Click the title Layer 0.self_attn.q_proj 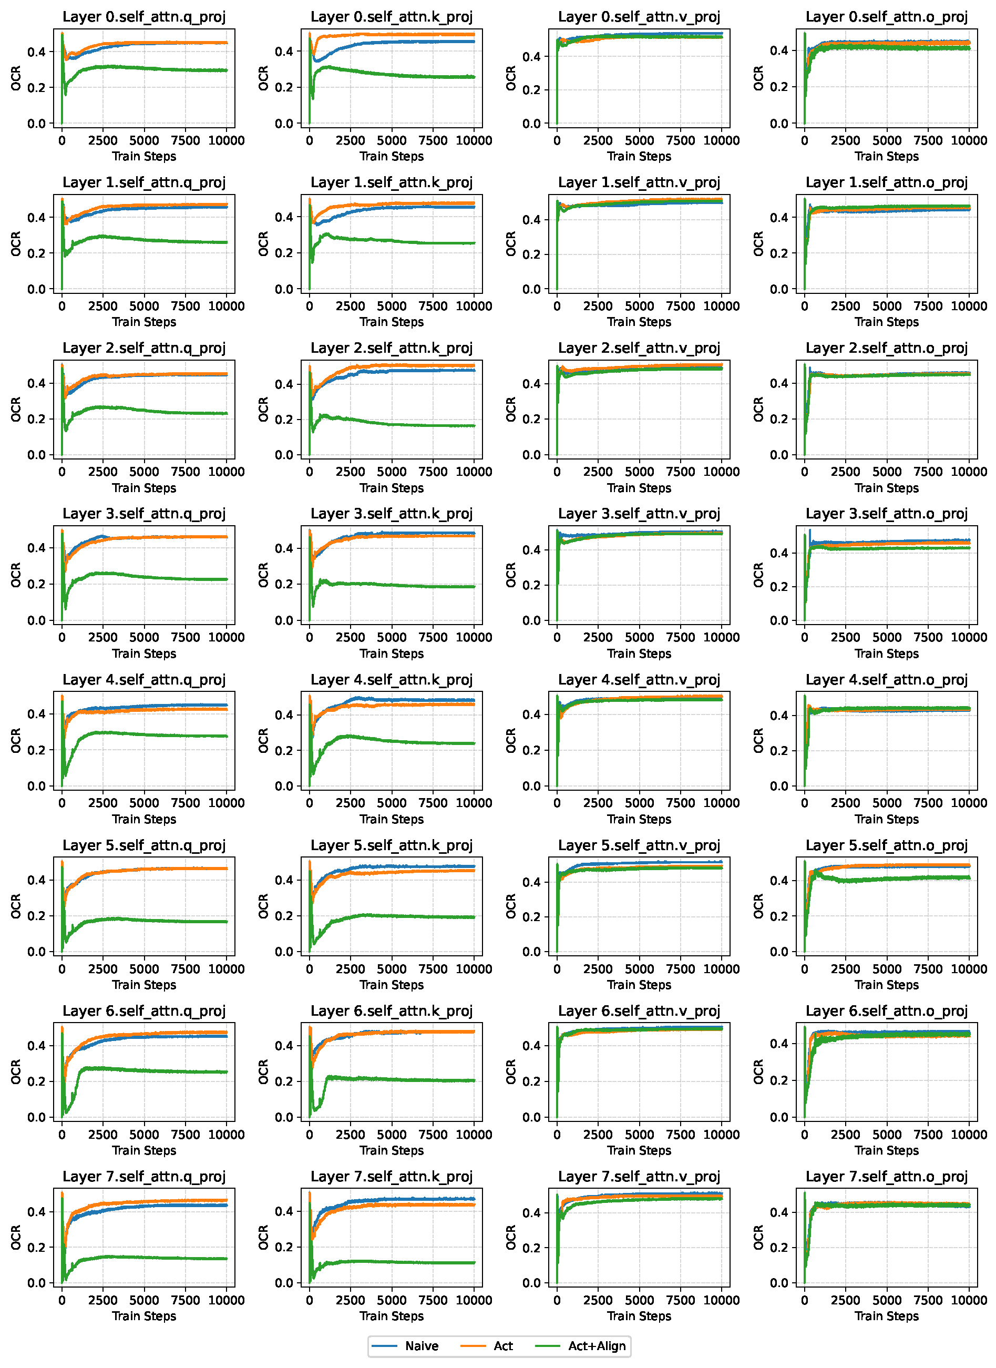pos(144,17)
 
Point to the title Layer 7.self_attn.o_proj pos(886,1176)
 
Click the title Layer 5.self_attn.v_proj pos(639,845)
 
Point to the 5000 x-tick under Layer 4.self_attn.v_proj pos(639,803)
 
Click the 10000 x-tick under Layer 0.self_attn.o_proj pos(968,140)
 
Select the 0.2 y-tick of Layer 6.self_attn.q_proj pos(36,1081)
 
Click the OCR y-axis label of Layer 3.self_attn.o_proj pos(758,575)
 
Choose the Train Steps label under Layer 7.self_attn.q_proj pos(144,1316)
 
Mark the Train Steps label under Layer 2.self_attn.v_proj pos(639,488)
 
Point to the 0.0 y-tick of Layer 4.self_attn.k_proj pos(284,786)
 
